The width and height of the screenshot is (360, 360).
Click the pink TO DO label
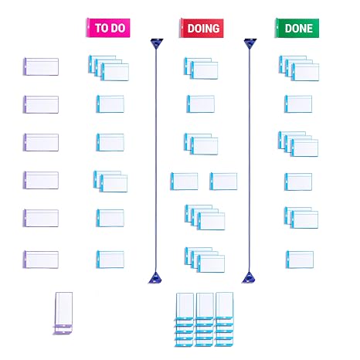[108, 28]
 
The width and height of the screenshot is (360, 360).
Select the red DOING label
[202, 28]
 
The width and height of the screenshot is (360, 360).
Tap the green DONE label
[297, 28]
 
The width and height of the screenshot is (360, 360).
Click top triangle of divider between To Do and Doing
[157, 43]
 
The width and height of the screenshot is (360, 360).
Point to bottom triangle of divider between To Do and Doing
[155, 278]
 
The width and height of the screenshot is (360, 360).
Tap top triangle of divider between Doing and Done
[250, 43]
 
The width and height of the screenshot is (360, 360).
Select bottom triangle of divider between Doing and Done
[249, 278]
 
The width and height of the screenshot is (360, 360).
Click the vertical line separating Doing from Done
[250, 160]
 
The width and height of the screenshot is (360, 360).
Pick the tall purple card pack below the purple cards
[63, 313]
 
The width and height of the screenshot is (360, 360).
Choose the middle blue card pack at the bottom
[205, 319]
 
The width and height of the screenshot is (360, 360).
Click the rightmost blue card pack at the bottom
[224, 319]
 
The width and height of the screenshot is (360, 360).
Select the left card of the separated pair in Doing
[185, 182]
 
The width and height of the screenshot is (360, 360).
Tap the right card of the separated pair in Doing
[223, 182]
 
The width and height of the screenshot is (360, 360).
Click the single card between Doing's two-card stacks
[201, 104]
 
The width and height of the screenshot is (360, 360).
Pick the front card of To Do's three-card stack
[115, 72]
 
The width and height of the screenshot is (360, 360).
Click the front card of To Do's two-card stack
[114, 183]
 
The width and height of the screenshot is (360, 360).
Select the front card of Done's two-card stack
[304, 219]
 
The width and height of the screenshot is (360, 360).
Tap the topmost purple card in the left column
[41, 66]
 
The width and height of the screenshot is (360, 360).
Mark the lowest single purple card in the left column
[41, 260]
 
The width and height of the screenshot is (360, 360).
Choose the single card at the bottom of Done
[300, 260]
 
